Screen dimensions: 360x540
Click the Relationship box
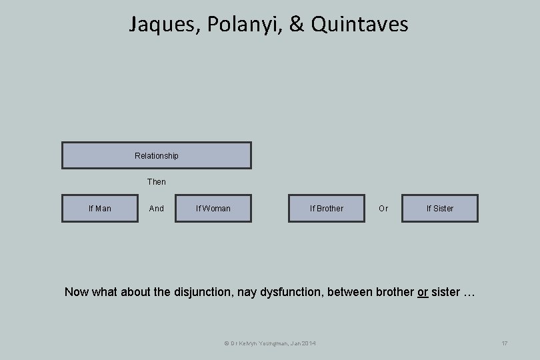tap(157, 155)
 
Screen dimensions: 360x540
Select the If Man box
tap(100, 209)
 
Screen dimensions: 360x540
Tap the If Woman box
tap(213, 209)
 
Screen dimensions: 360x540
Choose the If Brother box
tap(327, 209)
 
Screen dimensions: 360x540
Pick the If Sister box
tap(440, 209)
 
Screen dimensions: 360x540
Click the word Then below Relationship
tap(157, 182)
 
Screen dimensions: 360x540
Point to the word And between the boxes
tap(157, 209)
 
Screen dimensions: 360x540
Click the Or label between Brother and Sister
tap(383, 209)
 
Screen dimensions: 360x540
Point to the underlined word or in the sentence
tap(423, 292)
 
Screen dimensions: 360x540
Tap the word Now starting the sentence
tap(76, 292)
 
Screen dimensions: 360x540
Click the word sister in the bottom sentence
tap(445, 292)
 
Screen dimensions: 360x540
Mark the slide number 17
tap(504, 343)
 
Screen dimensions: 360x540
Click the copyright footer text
tap(270, 343)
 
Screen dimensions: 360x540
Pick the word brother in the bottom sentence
tap(393, 292)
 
